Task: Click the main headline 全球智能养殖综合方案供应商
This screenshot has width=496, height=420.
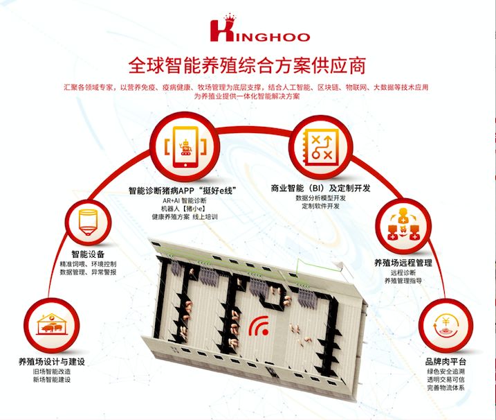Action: click(248, 67)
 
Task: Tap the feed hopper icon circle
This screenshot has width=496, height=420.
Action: click(89, 218)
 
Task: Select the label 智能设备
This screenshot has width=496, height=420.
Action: click(89, 254)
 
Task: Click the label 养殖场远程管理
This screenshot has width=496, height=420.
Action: click(403, 263)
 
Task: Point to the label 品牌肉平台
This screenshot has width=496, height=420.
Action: click(446, 362)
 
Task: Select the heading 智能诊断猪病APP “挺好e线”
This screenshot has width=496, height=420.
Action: click(185, 189)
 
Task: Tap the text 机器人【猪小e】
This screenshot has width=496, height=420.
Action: click(185, 208)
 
